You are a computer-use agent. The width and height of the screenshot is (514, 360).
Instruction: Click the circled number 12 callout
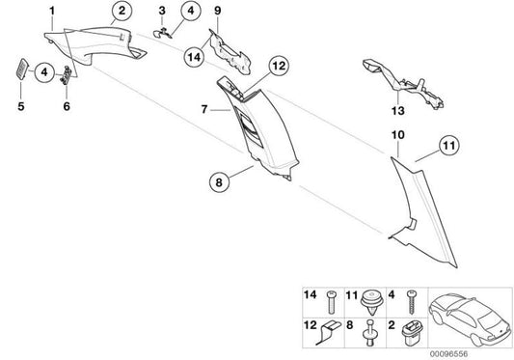[279, 66]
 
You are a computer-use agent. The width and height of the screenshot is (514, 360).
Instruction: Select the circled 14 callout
[194, 57]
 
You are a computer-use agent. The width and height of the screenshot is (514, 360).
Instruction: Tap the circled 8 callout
[219, 182]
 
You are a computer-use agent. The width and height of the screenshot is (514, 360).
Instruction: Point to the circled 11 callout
[448, 145]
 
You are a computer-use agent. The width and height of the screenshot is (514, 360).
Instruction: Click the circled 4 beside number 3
[190, 11]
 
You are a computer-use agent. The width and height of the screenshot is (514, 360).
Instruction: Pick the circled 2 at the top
[122, 11]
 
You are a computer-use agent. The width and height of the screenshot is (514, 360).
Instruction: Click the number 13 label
[397, 111]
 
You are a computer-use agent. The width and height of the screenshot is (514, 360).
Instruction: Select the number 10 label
[398, 135]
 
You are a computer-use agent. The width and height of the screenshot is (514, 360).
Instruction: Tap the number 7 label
[204, 109]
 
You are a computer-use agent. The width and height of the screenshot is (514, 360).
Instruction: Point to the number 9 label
[218, 11]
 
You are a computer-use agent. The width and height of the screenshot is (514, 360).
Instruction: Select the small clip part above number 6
[67, 75]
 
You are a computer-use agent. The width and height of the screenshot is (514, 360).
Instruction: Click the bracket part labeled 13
[402, 83]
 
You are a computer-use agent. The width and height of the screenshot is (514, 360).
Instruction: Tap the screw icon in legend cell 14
[331, 302]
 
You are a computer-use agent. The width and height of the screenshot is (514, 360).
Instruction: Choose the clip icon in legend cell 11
[372, 302]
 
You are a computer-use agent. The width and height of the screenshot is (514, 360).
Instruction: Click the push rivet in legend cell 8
[370, 332]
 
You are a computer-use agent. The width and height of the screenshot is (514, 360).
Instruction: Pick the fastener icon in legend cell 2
[412, 333]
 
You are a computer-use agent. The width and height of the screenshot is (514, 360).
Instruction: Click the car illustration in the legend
[469, 319]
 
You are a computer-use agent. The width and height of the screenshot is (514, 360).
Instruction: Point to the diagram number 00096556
[448, 354]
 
